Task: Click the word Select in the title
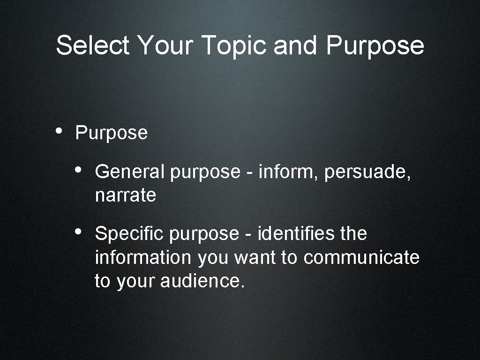coord(92,46)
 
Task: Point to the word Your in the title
coord(165,46)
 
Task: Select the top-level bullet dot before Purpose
coord(60,132)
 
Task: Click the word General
coord(129,172)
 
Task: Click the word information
coord(143,257)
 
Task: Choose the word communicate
coord(361,257)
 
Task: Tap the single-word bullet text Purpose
coord(111,134)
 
